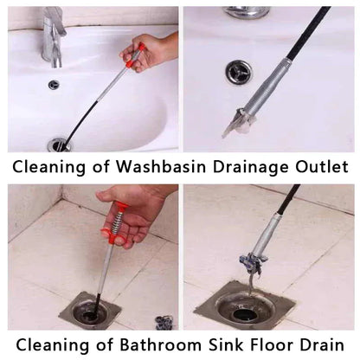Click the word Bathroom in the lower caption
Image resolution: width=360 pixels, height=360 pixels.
pyautogui.click(x=161, y=344)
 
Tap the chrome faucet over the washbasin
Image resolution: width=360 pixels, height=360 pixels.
pyautogui.click(x=55, y=36)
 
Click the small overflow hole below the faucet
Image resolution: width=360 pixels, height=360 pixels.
pyautogui.click(x=54, y=85)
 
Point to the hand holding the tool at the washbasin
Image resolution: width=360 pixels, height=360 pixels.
pyautogui.click(x=150, y=50)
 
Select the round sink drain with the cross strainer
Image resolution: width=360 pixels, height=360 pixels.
pyautogui.click(x=238, y=72)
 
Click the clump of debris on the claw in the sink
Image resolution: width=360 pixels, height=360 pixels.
pyautogui.click(x=238, y=124)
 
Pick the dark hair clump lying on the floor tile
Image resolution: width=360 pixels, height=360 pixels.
pyautogui.click(x=164, y=323)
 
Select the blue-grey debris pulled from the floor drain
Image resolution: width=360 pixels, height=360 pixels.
pyautogui.click(x=250, y=263)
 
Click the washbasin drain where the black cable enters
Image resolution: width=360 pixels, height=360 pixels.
pyautogui.click(x=60, y=145)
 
